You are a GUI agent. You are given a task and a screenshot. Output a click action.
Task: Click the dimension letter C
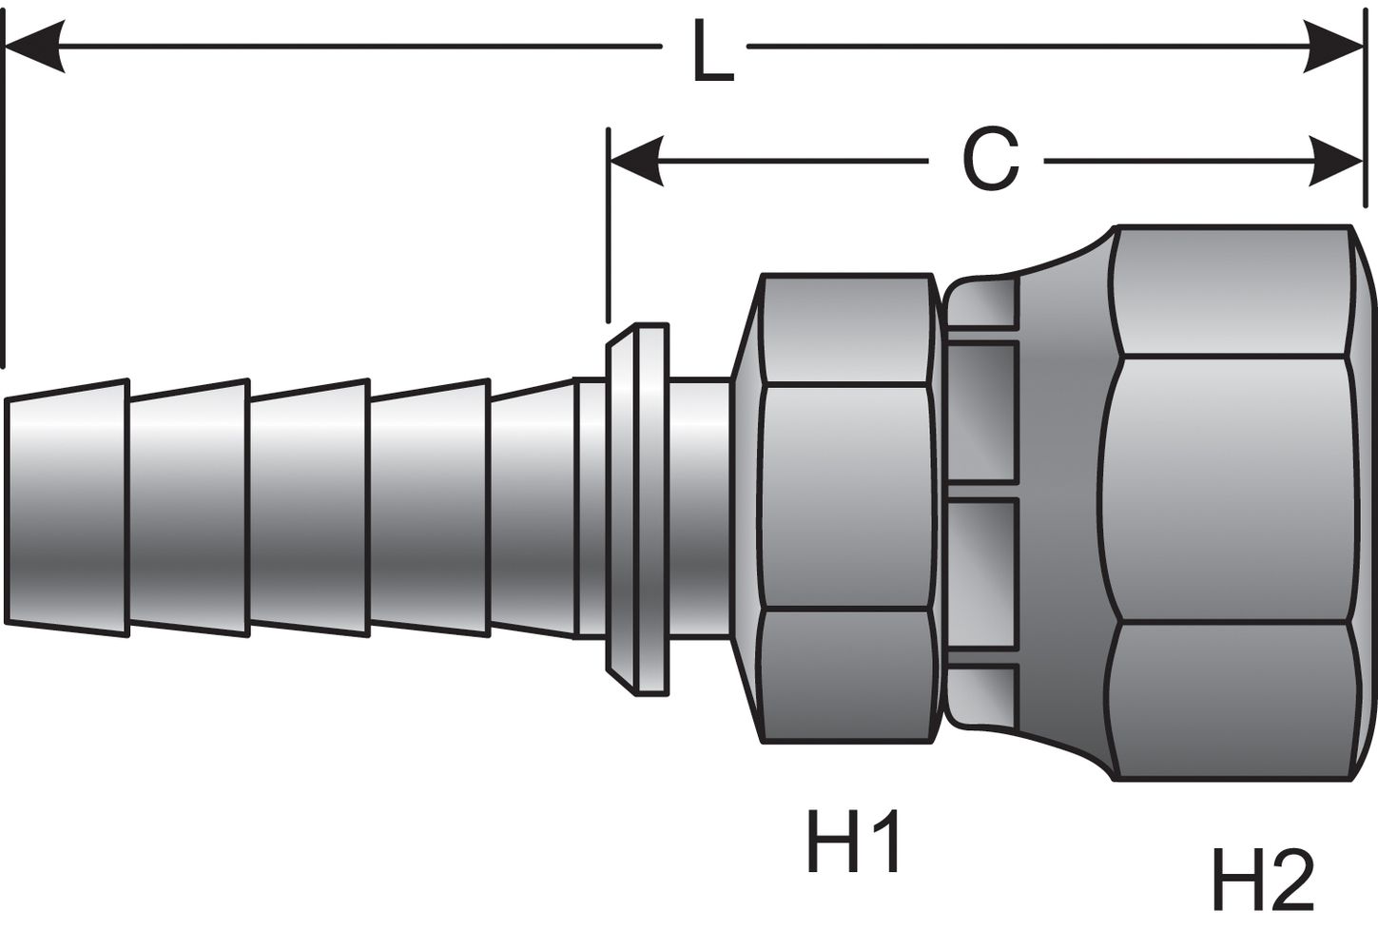click(x=990, y=159)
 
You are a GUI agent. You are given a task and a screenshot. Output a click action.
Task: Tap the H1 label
click(x=853, y=841)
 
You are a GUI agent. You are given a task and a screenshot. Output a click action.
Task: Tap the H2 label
click(x=1262, y=880)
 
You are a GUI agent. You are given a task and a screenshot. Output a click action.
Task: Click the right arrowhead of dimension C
click(x=1336, y=161)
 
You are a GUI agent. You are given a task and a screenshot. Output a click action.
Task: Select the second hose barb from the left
click(x=187, y=509)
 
